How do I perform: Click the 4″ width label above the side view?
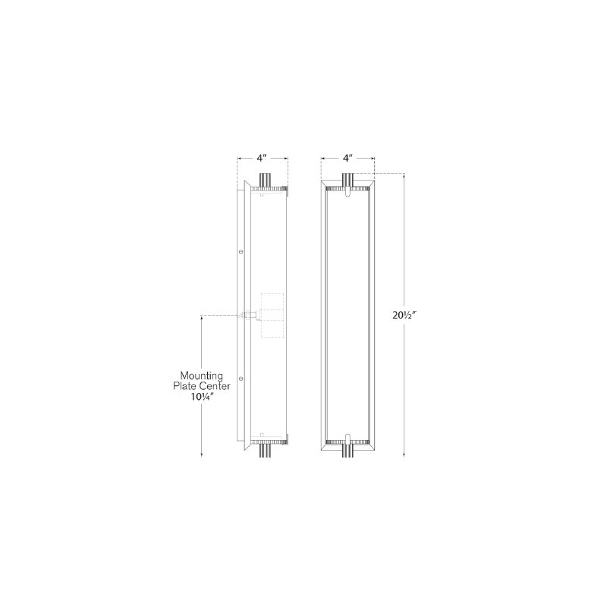tap(263, 158)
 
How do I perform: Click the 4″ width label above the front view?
tap(348, 158)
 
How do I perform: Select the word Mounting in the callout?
tap(202, 376)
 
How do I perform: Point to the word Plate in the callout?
tap(185, 386)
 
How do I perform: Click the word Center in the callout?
tap(215, 386)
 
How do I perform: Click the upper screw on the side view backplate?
tap(241, 252)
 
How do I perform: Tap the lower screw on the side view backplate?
tap(241, 377)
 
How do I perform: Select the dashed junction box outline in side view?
tap(272, 315)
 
